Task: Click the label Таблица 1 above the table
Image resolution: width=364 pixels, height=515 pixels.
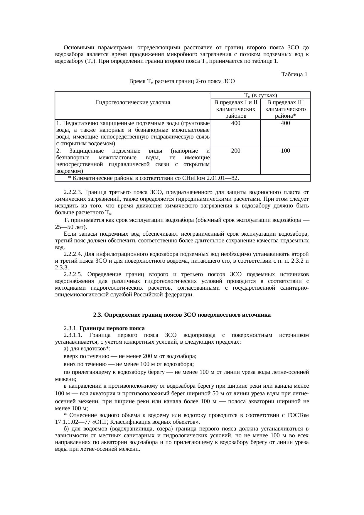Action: coord(294,75)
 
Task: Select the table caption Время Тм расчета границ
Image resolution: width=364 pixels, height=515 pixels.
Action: coord(182,81)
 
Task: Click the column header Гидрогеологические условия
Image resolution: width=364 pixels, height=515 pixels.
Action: coord(133,102)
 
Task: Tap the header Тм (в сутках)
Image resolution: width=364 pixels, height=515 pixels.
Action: coord(261,95)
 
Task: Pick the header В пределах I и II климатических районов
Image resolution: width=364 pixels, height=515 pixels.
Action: coord(236,109)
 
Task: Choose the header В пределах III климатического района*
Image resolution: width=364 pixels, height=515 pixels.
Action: coord(285,109)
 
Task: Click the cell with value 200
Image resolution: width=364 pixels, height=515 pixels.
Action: coord(236,151)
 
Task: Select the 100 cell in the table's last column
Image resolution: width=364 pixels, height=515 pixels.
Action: coord(285,151)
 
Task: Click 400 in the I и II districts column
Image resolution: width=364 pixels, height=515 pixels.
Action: coord(236,123)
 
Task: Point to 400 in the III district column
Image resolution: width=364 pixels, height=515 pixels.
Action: coord(285,123)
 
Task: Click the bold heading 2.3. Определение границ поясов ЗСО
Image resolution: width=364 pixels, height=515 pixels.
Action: coord(182,315)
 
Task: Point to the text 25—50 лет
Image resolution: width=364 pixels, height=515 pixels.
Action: coord(70,227)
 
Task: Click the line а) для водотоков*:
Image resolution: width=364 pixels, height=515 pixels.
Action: coord(87,349)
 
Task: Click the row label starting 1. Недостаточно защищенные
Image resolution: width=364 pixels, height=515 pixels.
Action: coord(133,123)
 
